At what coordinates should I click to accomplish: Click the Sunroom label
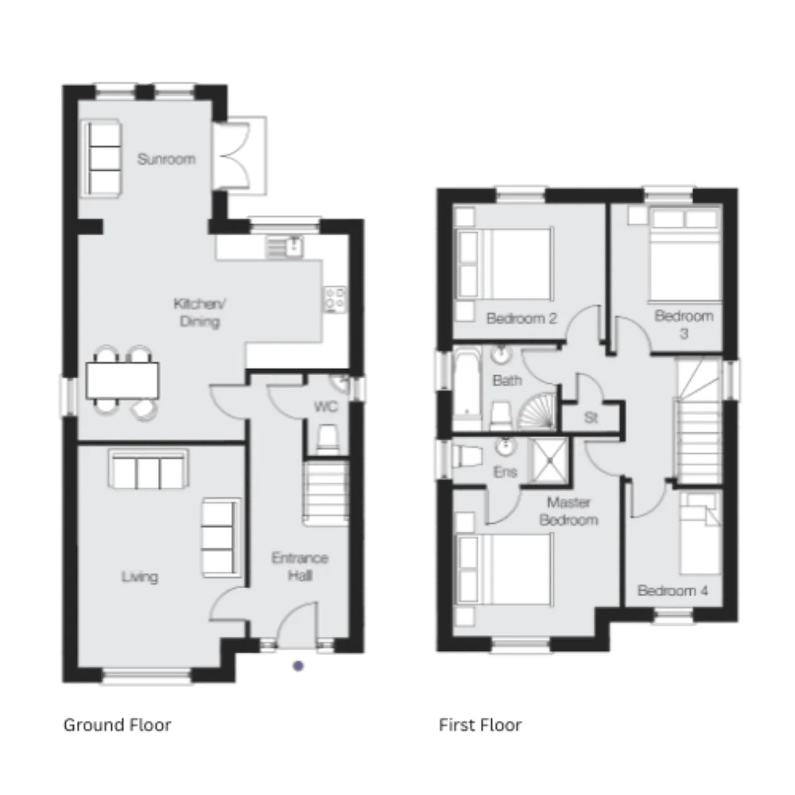point(166,159)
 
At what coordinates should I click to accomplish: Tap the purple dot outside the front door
point(298,666)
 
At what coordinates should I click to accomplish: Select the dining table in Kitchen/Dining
point(122,380)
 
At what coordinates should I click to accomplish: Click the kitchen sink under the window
point(284,247)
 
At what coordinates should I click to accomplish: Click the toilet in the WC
point(327,440)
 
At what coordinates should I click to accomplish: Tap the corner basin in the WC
point(341,383)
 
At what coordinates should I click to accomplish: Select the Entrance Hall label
point(300,567)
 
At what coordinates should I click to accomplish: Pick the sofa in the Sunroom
point(101,158)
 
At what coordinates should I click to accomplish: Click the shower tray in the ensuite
point(550,460)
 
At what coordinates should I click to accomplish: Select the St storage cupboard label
point(591,418)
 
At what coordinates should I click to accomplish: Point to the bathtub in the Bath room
point(467,383)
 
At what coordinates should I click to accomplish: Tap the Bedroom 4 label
point(673,591)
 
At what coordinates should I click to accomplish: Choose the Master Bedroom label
point(568,511)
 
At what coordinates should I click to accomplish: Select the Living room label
point(140,577)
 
